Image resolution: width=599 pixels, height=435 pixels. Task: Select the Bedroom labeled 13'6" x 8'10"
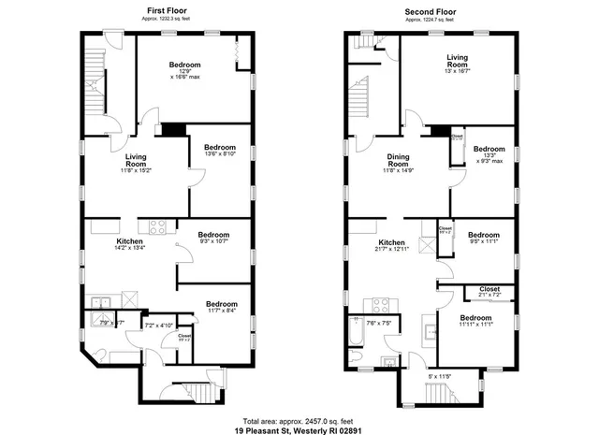coord(221,152)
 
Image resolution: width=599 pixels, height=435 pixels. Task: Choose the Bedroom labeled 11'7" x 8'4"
coord(222,308)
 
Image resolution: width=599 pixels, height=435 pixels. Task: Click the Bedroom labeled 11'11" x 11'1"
coord(475,322)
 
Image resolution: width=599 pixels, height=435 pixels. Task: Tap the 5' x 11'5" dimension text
coord(440,376)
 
